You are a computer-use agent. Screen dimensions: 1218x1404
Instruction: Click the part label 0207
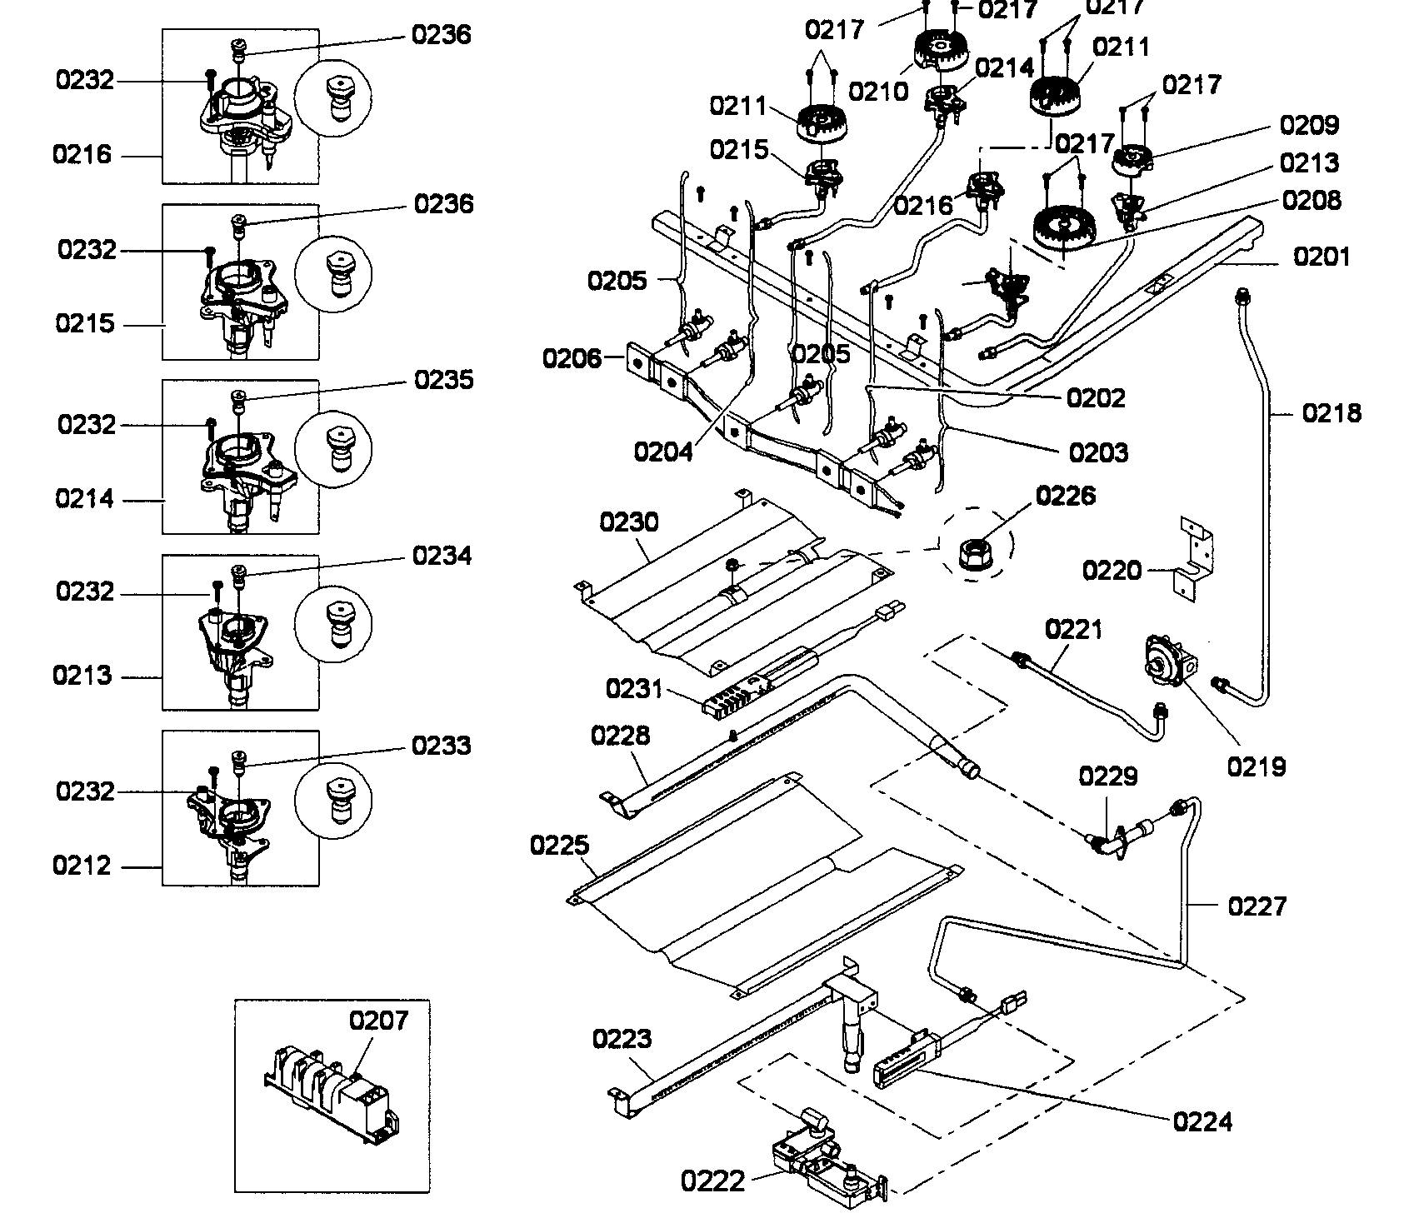pos(378,1020)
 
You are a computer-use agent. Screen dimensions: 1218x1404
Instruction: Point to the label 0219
pos(1257,766)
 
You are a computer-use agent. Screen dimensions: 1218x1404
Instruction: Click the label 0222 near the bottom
pos(712,1181)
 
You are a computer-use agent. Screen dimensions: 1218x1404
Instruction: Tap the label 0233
pos(442,745)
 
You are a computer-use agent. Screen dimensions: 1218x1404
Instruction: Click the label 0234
pos(442,556)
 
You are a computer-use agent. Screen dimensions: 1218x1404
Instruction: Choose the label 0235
pos(443,380)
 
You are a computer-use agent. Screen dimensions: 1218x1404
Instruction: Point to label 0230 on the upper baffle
pos(628,522)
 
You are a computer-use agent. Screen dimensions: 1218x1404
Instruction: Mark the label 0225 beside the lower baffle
pos(559,846)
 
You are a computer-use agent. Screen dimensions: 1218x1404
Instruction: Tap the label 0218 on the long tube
pos(1332,412)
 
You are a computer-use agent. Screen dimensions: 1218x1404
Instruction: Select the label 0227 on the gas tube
pos(1257,906)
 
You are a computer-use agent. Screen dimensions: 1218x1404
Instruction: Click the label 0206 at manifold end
pos(571,359)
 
